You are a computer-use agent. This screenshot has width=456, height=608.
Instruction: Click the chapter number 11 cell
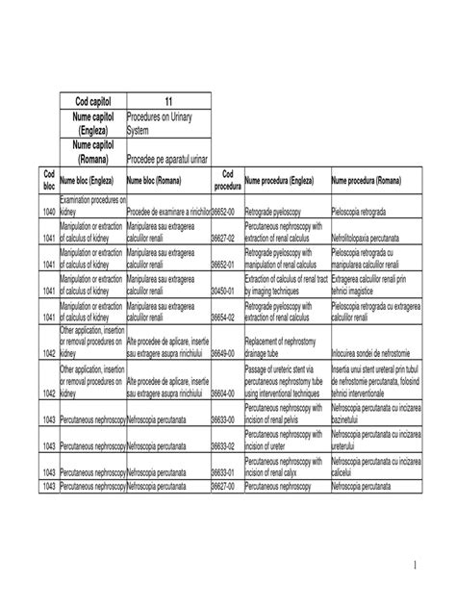click(167, 103)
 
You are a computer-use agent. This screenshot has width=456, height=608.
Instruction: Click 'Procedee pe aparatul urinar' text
click(167, 158)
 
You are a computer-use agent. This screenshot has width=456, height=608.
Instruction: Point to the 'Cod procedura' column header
click(227, 179)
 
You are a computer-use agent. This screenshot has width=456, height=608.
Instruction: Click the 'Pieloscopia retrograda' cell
click(361, 212)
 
